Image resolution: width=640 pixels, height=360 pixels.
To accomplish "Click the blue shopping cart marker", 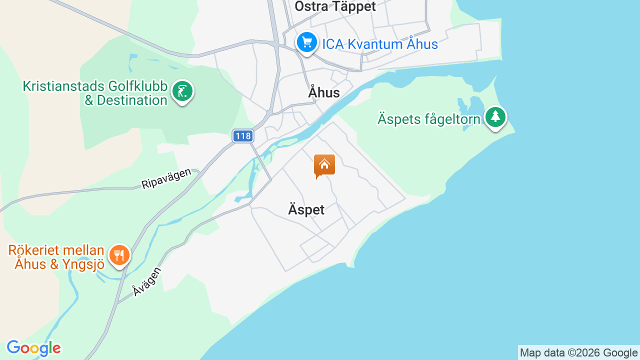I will click(306, 42).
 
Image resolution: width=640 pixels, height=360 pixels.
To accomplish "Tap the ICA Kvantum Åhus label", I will click(379, 44).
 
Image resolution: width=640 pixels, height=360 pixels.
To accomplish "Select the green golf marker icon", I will click(182, 91).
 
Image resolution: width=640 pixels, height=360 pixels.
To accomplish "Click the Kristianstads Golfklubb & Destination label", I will click(95, 93).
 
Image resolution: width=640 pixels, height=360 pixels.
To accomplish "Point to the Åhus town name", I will click(324, 92).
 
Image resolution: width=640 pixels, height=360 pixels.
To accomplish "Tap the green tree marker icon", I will click(495, 117).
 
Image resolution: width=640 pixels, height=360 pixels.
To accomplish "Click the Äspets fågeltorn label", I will click(428, 119).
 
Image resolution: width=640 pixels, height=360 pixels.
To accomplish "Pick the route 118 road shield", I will click(243, 136).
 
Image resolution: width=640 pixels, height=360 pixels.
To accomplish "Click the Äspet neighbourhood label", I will click(306, 209).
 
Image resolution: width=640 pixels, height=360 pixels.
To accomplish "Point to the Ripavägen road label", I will click(166, 178).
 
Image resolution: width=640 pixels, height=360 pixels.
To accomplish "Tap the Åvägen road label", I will click(146, 281).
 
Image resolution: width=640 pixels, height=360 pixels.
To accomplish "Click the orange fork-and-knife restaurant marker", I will click(119, 255).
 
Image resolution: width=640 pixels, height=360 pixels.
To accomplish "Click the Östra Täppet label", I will click(335, 6).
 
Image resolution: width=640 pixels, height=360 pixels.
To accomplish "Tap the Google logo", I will click(33, 348).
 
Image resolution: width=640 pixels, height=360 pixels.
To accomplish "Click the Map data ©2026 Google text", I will click(578, 353).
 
